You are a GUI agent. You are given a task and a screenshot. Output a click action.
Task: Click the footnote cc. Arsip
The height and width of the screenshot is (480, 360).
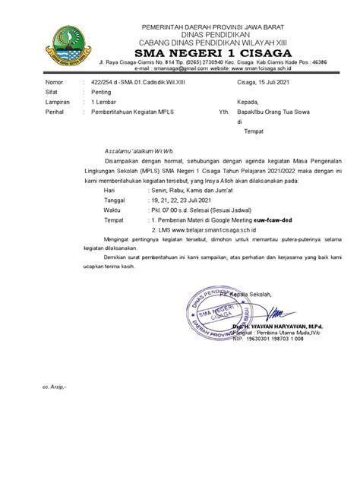click(x=55, y=407)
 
